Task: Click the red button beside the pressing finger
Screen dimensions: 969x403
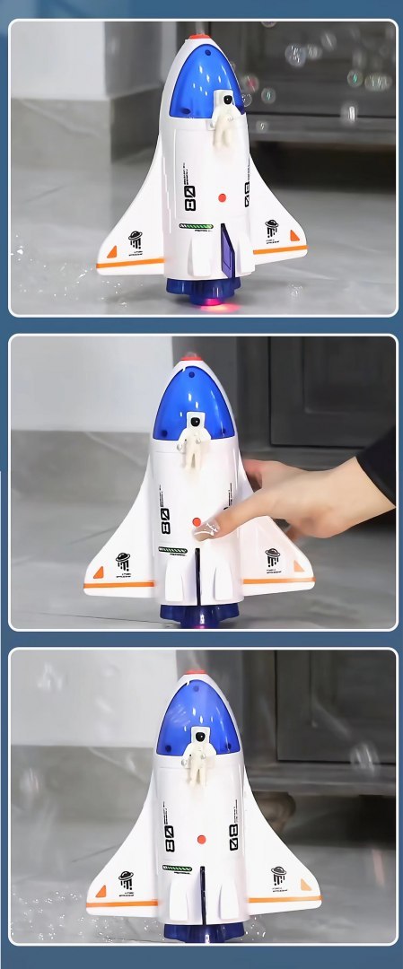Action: click(x=197, y=521)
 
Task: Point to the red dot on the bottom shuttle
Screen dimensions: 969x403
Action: click(x=199, y=839)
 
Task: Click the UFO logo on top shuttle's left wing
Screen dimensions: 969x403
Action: click(x=136, y=240)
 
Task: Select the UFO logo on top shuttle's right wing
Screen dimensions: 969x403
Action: click(x=272, y=228)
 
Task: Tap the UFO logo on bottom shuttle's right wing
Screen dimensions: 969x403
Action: click(x=278, y=875)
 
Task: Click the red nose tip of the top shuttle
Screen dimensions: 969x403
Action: click(x=199, y=38)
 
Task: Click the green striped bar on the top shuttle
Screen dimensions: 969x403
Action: click(x=197, y=226)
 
